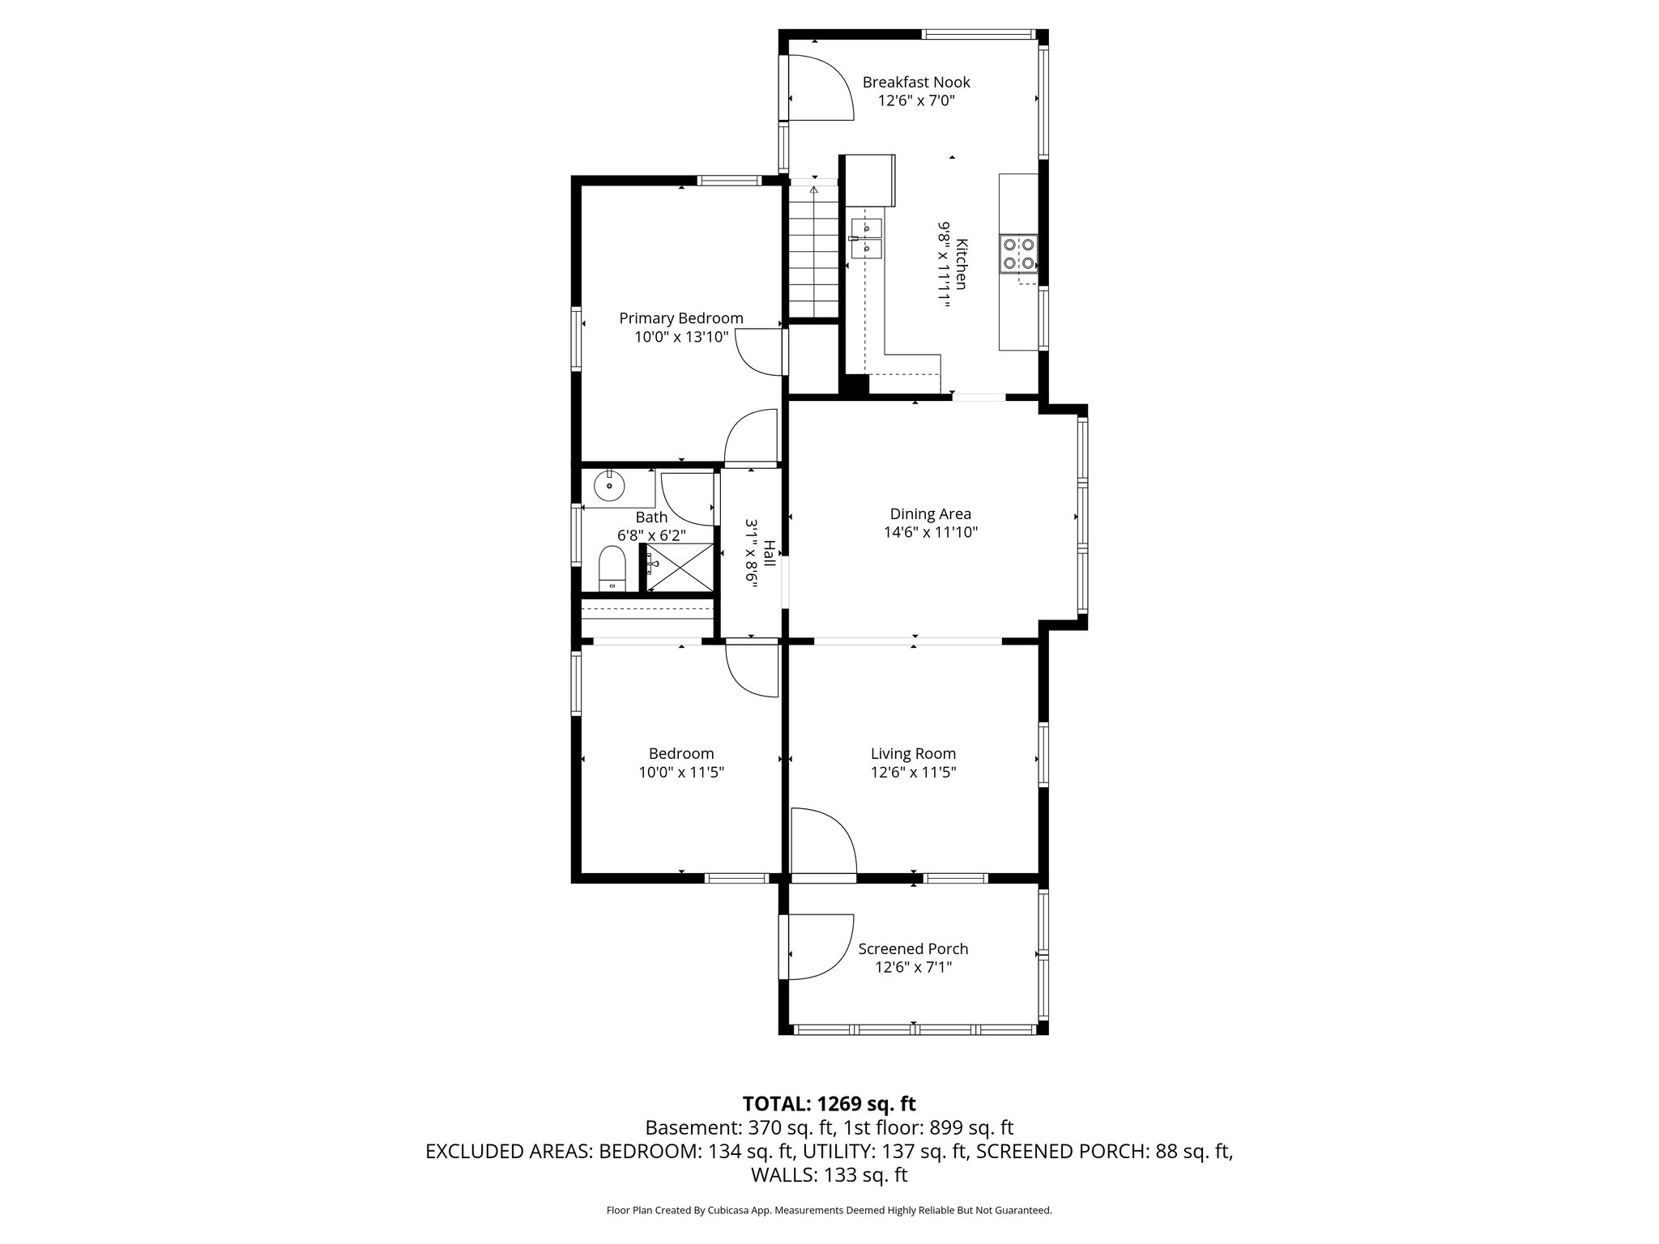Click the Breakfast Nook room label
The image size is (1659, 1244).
pos(915,82)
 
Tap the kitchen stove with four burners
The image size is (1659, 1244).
pos(1018,253)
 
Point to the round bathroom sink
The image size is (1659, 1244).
pos(609,487)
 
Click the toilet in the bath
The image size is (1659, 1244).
pos(612,568)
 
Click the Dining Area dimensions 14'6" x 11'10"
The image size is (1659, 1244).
pos(931,533)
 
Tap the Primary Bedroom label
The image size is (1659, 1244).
pos(680,318)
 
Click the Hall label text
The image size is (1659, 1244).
pos(769,553)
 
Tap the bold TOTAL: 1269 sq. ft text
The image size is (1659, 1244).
pos(829,1103)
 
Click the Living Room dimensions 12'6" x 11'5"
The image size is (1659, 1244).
pos(913,773)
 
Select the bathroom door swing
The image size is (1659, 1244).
pos(687,498)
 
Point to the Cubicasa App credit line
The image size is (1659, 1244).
pos(829,1210)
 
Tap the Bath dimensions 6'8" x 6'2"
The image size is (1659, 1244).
pos(651,535)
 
